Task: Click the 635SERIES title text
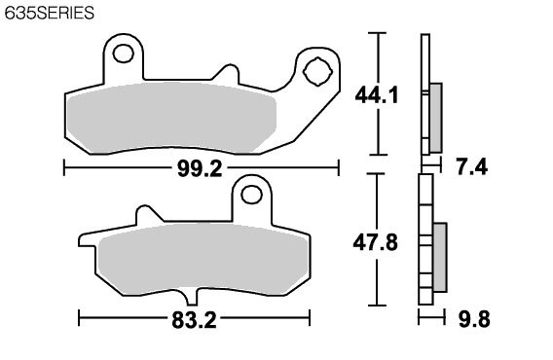pyautogui.click(x=50, y=13)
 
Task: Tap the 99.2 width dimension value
pyautogui.click(x=200, y=168)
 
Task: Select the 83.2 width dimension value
pyautogui.click(x=194, y=320)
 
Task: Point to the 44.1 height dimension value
pyautogui.click(x=377, y=95)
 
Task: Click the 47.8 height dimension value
pyautogui.click(x=375, y=243)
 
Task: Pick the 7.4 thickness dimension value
pyautogui.click(x=472, y=166)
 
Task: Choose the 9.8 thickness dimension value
pyautogui.click(x=474, y=320)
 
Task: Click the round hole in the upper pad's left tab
pyautogui.click(x=123, y=54)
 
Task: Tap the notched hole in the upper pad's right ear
pyautogui.click(x=317, y=72)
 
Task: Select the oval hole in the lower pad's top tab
pyautogui.click(x=251, y=195)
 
